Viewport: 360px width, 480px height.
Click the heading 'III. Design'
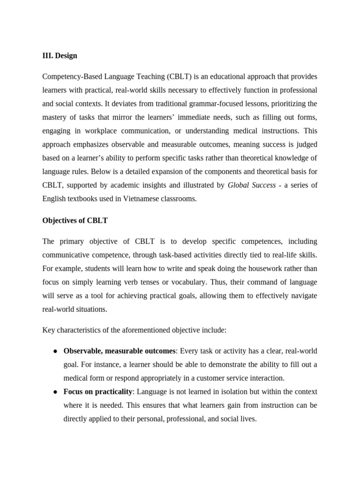[60, 56]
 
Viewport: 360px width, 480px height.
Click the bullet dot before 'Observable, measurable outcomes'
[55, 351]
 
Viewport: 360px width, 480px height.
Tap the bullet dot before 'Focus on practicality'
[55, 392]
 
